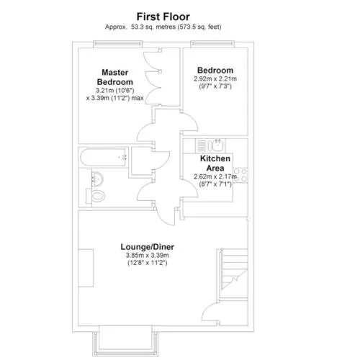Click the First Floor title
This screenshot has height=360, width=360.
tap(163, 17)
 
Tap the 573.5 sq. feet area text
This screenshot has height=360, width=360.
tap(199, 27)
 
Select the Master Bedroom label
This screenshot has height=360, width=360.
tap(115, 77)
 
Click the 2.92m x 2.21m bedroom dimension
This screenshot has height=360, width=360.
tap(215, 78)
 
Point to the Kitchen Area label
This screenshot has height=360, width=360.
tap(215, 163)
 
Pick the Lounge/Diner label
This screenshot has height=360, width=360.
tap(148, 247)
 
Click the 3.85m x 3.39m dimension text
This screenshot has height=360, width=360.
tap(148, 255)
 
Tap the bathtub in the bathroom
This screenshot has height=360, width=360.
tap(103, 158)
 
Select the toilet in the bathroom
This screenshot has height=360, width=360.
tap(96, 196)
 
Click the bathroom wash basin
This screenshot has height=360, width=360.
tap(97, 179)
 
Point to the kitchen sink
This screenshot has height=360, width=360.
tap(218, 145)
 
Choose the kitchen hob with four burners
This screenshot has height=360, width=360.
tap(240, 175)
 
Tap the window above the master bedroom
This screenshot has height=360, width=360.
tap(117, 43)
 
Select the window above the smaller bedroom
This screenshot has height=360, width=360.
tap(212, 43)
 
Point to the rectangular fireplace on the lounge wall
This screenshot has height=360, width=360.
tap(86, 268)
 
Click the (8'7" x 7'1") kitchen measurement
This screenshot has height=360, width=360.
tap(215, 184)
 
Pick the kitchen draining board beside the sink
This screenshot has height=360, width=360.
tap(202, 145)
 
